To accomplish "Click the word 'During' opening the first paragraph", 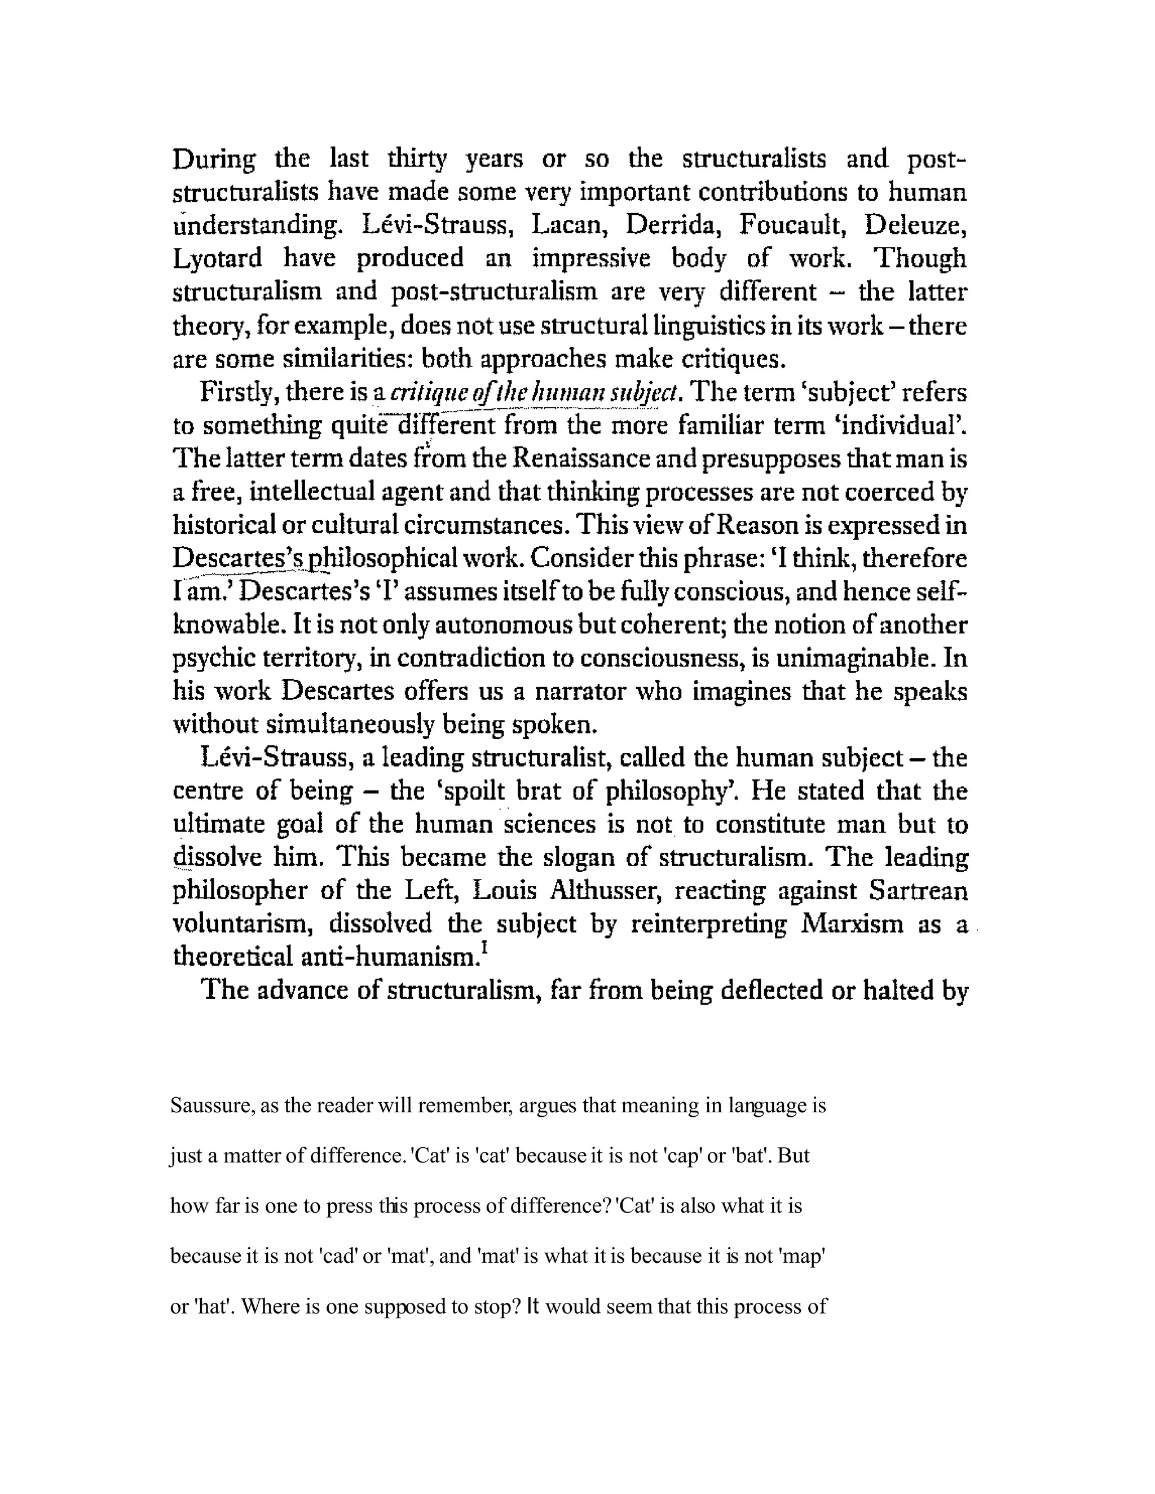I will [x=214, y=160].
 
